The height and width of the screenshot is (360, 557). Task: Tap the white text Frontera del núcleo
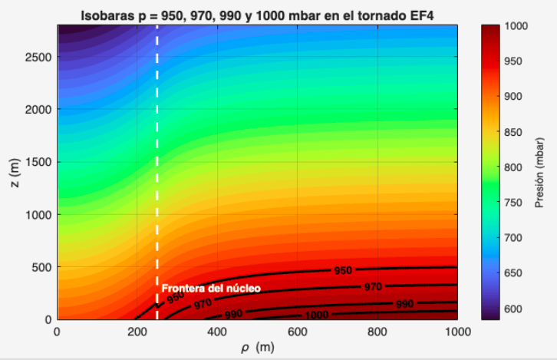click(x=211, y=288)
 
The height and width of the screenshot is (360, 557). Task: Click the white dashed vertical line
click(x=157, y=154)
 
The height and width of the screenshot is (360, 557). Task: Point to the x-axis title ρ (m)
click(x=257, y=348)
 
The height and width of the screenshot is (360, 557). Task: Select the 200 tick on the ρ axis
click(x=137, y=332)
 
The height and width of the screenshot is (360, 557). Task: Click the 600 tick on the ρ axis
click(x=298, y=332)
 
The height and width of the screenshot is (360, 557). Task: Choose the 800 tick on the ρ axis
click(x=377, y=332)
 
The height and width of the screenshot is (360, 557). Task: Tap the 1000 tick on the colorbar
click(x=514, y=26)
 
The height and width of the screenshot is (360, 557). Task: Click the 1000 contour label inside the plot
click(x=316, y=315)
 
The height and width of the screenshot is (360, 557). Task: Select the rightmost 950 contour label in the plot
click(x=342, y=271)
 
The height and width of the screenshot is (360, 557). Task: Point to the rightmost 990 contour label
click(x=404, y=304)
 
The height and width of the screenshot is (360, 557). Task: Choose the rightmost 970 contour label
click(x=373, y=287)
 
